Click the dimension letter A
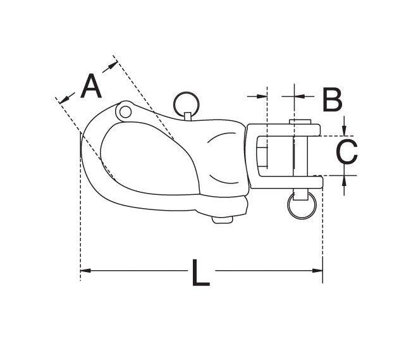92,87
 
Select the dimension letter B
332,99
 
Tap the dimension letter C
346,152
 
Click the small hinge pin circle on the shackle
125,111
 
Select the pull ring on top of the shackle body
185,101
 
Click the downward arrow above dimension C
343,132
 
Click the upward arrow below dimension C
343,180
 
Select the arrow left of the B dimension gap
263,96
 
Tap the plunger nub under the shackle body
222,220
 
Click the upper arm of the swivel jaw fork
285,130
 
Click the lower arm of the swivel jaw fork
285,182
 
